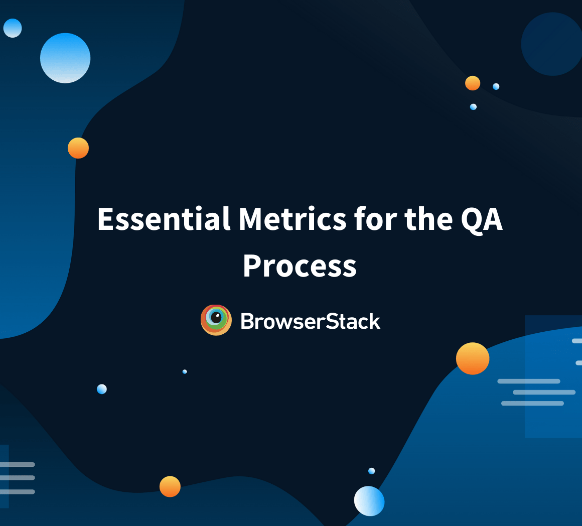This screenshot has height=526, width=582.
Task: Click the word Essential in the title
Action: click(164, 219)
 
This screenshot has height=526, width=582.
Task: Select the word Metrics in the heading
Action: click(292, 219)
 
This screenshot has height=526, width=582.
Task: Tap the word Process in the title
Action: click(300, 266)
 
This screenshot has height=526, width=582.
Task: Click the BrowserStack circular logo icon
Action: click(216, 320)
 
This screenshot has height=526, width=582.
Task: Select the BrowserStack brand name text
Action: click(310, 321)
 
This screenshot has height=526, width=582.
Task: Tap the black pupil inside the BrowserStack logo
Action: click(216, 317)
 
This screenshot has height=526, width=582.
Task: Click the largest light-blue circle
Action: click(65, 58)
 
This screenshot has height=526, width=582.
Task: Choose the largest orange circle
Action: click(473, 358)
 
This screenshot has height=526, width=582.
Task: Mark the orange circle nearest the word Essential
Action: click(78, 148)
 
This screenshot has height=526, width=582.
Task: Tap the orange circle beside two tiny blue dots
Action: click(473, 83)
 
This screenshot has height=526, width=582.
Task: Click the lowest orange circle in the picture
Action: click(170, 486)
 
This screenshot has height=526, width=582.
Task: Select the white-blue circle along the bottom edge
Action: click(369, 501)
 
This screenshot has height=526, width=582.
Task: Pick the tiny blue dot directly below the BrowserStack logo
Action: click(185, 371)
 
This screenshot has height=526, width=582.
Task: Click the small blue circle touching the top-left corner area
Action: click(13, 28)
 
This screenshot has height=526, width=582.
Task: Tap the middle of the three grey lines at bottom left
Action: click(18, 478)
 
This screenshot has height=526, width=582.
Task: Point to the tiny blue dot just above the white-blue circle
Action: click(371, 471)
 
